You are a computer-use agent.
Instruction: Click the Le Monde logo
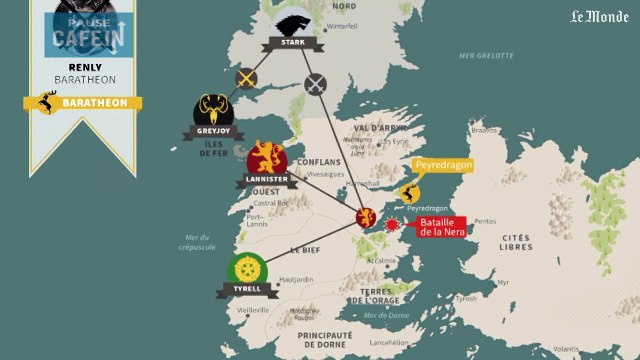tap(599, 17)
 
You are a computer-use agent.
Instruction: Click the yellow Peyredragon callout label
tap(441, 164)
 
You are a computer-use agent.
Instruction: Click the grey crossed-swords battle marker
tap(317, 83)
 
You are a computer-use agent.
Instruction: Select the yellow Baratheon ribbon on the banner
tap(82, 102)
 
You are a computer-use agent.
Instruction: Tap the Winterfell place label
tap(341, 26)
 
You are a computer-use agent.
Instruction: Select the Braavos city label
tap(484, 130)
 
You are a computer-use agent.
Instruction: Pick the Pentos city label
tap(485, 221)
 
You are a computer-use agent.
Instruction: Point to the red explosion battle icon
tap(392, 225)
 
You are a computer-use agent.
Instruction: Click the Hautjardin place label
tap(297, 280)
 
